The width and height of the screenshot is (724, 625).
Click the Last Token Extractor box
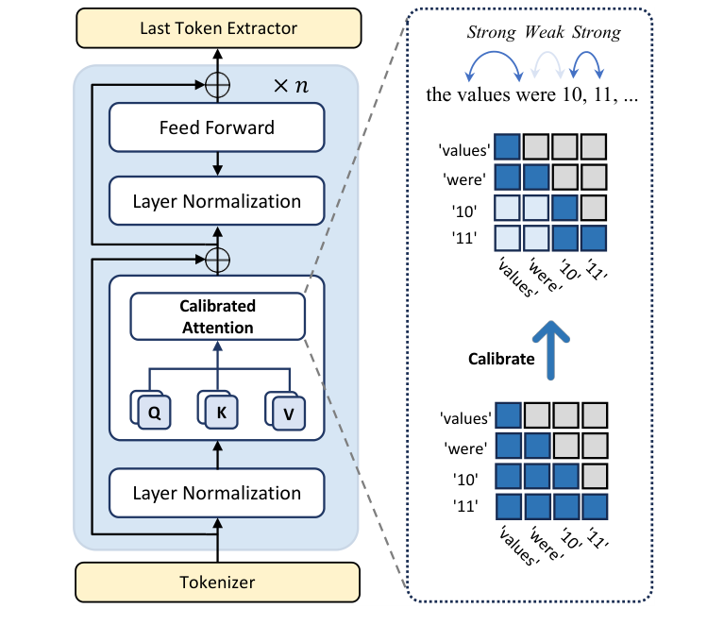(x=217, y=28)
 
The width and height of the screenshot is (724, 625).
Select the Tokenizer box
(x=217, y=583)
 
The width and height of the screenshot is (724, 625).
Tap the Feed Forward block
(x=217, y=127)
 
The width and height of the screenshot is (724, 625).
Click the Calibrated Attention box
(x=217, y=316)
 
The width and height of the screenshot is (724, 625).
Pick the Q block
(x=153, y=412)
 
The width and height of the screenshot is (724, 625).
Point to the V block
(x=287, y=413)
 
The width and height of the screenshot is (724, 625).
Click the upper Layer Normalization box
(x=217, y=201)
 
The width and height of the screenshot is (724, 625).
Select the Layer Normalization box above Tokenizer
(x=217, y=493)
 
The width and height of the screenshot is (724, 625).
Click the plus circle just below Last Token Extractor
(x=217, y=85)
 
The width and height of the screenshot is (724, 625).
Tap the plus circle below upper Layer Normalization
(x=217, y=256)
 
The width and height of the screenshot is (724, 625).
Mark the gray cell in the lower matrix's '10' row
(x=593, y=475)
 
